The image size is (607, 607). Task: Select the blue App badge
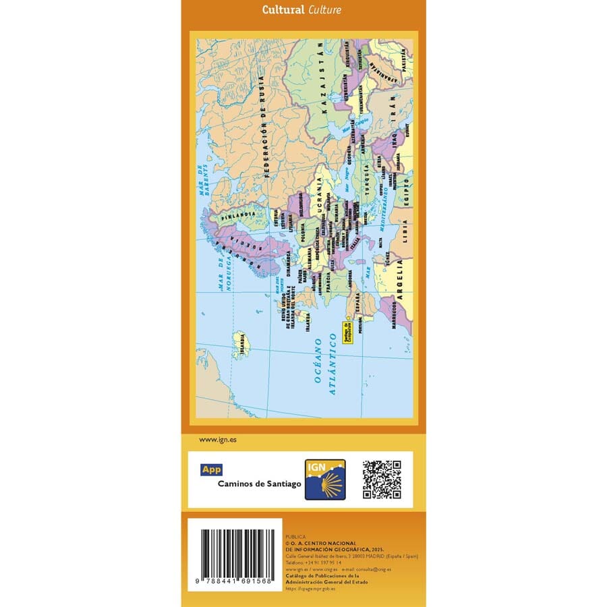click(x=212, y=470)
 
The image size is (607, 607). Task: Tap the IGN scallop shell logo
click(x=325, y=480)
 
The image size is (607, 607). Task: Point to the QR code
click(x=382, y=480)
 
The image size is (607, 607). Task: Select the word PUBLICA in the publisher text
click(x=296, y=537)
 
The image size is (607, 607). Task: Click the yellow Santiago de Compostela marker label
click(x=348, y=331)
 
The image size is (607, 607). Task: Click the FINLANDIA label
click(x=243, y=214)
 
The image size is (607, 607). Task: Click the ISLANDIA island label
click(x=241, y=346)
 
